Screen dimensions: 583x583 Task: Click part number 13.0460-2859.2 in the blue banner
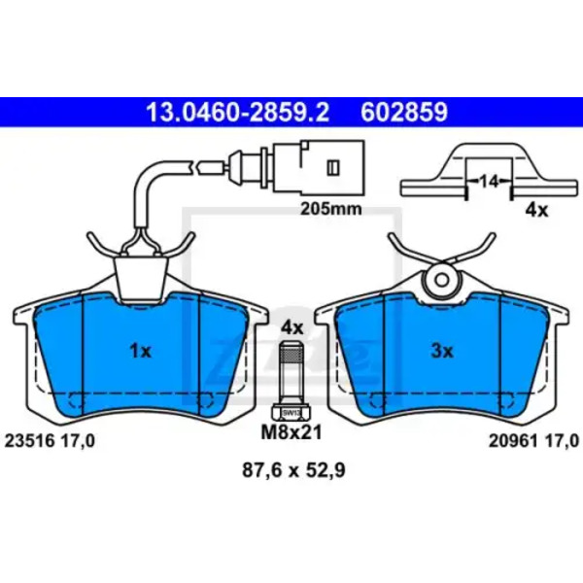237,113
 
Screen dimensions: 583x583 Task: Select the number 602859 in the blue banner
404,113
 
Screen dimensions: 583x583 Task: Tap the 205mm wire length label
331,209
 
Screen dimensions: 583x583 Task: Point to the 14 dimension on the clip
489,182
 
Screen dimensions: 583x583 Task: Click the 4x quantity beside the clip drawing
536,211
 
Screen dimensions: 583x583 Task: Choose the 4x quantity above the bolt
292,328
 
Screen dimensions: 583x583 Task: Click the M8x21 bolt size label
291,432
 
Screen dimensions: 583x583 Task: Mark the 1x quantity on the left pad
141,351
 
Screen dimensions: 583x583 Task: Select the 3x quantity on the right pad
442,351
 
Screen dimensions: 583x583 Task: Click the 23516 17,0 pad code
50,441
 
